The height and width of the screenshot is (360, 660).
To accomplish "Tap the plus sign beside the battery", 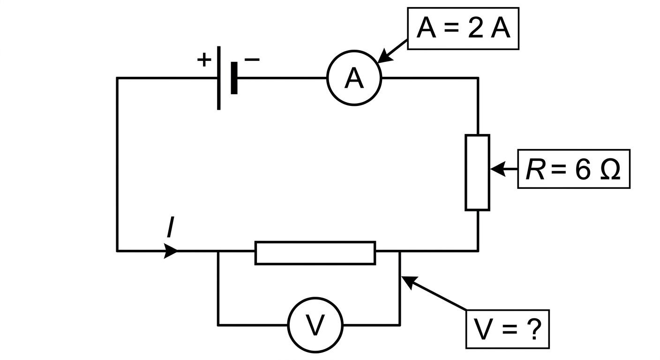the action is pos(204,60).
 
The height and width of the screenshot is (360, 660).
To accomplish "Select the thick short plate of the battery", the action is pos(234,78).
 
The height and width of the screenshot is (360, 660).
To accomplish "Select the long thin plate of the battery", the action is pos(218,78).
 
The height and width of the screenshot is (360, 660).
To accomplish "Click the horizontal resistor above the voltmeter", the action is pos(315,242).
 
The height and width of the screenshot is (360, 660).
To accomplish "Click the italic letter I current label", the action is pos(170,227).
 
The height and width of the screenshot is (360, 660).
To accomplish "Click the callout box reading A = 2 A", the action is pos(463,8).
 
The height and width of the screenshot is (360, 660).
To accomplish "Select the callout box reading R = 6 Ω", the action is pos(574,150).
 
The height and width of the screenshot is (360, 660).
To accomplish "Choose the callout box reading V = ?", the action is pos(508,311).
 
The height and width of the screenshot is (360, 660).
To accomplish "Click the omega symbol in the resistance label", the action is pos(610,169).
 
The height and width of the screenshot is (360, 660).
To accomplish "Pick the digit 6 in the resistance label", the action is pos(583,170).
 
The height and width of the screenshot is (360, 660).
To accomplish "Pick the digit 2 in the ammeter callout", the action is pos(476,28).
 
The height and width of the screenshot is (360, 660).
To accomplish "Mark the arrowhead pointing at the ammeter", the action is pos(384,56).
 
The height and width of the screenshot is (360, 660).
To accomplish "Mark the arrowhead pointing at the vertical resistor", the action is pos(498,169).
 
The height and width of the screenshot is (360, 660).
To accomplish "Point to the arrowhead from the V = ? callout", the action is pos(410,283).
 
